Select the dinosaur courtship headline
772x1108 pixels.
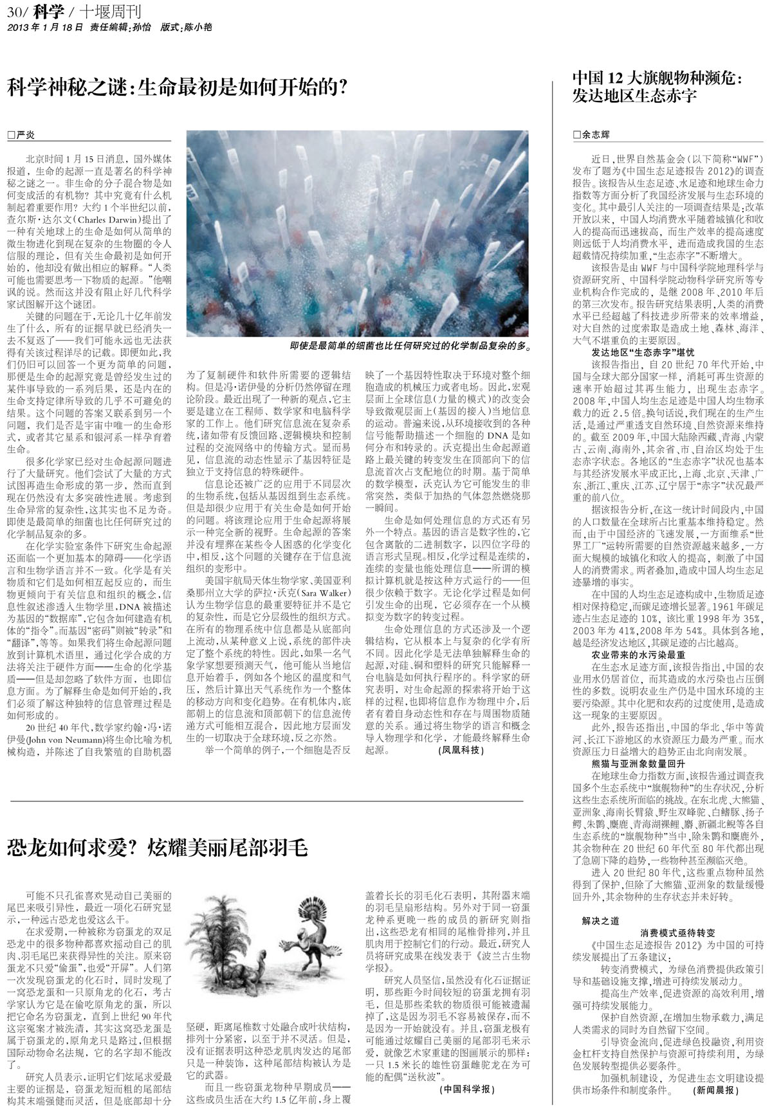click(x=158, y=848)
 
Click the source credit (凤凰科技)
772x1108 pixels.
click(x=461, y=750)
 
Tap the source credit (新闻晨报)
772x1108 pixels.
click(x=714, y=1091)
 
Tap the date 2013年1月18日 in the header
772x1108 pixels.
click(x=44, y=28)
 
